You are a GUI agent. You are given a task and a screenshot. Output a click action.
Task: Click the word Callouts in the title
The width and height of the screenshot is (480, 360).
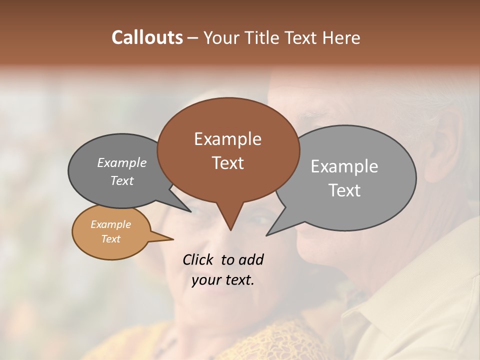(x=147, y=37)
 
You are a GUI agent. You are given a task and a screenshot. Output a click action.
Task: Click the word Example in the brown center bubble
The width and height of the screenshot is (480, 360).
(x=227, y=139)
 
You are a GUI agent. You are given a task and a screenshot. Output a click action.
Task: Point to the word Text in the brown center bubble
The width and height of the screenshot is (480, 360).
(x=228, y=162)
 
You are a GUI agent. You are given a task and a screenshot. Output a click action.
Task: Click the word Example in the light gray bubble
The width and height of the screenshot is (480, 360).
(x=344, y=166)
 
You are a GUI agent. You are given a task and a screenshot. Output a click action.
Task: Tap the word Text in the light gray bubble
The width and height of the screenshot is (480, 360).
(x=345, y=190)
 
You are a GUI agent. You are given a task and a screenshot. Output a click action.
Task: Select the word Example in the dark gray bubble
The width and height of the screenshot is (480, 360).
(x=122, y=162)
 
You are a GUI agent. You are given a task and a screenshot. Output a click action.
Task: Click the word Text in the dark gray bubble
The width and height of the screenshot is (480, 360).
(x=122, y=180)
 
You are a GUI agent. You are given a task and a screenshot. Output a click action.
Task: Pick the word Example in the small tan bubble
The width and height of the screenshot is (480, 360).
(x=110, y=224)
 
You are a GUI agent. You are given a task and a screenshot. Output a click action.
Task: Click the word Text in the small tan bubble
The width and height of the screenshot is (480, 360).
(x=110, y=238)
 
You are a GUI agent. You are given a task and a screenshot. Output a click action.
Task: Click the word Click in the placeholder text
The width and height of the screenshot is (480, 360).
(x=198, y=259)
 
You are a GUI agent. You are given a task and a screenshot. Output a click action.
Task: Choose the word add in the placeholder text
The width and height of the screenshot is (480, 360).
(x=251, y=259)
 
